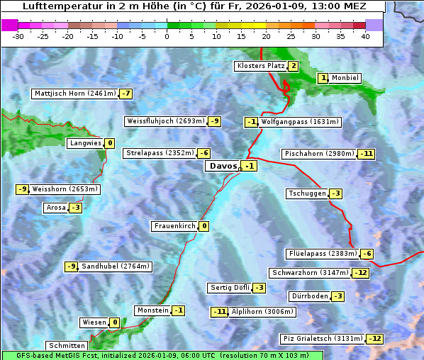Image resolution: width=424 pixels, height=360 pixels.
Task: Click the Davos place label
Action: [x=223, y=166]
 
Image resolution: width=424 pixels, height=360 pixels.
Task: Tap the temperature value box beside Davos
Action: [x=249, y=166]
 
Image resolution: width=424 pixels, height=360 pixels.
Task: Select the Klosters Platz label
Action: [x=260, y=66]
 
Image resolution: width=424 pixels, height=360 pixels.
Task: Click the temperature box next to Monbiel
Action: [x=323, y=78]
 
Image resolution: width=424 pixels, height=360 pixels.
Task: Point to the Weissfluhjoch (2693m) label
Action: [x=166, y=121]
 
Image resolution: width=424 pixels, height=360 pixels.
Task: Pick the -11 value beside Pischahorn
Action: [x=366, y=154]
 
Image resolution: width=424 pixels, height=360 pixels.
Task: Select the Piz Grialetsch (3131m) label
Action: [x=323, y=339]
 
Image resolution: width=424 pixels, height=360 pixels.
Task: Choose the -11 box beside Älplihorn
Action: [x=220, y=311]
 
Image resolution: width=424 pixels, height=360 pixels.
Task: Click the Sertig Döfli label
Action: [x=229, y=288]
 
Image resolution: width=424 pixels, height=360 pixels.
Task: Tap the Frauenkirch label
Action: [x=174, y=226]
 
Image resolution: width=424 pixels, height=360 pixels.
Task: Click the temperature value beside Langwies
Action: [x=109, y=143]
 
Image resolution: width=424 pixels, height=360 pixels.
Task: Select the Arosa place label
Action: [x=55, y=208]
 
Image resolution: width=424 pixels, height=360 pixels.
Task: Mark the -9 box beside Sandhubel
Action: [x=71, y=266]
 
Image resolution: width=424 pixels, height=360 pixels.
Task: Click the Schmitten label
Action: [x=67, y=346]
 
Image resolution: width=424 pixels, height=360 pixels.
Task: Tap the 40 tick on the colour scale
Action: [x=365, y=37]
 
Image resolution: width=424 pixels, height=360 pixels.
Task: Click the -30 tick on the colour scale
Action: [x=19, y=37]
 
